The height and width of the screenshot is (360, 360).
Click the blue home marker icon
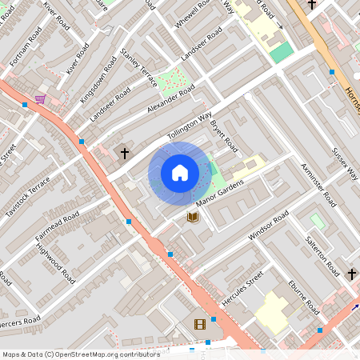click(180, 172)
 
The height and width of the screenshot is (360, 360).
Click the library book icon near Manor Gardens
click(192, 216)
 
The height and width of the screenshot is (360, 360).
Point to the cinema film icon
click(199, 324)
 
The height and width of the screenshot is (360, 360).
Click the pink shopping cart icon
click(40, 99)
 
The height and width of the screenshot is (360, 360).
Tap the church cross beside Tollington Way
click(125, 152)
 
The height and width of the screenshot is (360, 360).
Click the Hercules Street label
click(242, 289)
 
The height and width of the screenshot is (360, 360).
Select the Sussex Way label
click(346, 163)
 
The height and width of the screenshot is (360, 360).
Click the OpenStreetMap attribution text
click(80, 354)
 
